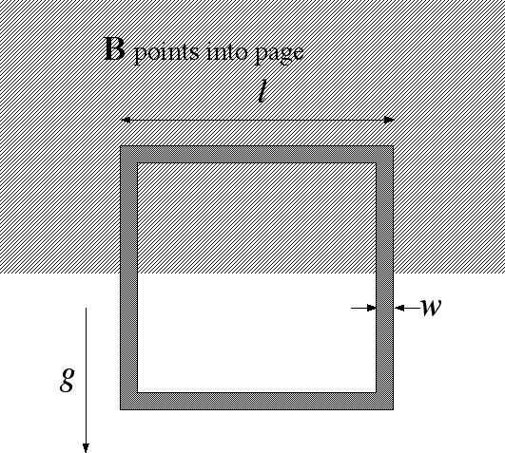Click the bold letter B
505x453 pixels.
(x=115, y=48)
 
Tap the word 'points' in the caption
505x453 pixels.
(x=166, y=53)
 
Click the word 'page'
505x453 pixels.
(x=280, y=54)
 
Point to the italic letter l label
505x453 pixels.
(x=262, y=91)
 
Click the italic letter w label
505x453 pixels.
(x=431, y=307)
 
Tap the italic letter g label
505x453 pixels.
(x=68, y=379)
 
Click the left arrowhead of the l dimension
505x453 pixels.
(x=126, y=120)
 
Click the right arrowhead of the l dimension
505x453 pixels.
(x=389, y=120)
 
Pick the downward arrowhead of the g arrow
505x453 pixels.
(x=86, y=448)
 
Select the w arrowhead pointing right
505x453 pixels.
(x=372, y=308)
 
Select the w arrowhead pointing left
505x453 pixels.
(x=399, y=308)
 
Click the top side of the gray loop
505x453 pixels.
(x=257, y=154)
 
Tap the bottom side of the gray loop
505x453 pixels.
(x=257, y=401)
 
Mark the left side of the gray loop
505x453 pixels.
(x=128, y=277)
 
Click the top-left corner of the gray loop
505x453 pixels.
(x=121, y=146)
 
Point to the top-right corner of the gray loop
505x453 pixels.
(x=393, y=146)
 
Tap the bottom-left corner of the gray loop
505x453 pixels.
(x=121, y=409)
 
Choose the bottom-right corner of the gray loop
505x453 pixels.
(x=393, y=409)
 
